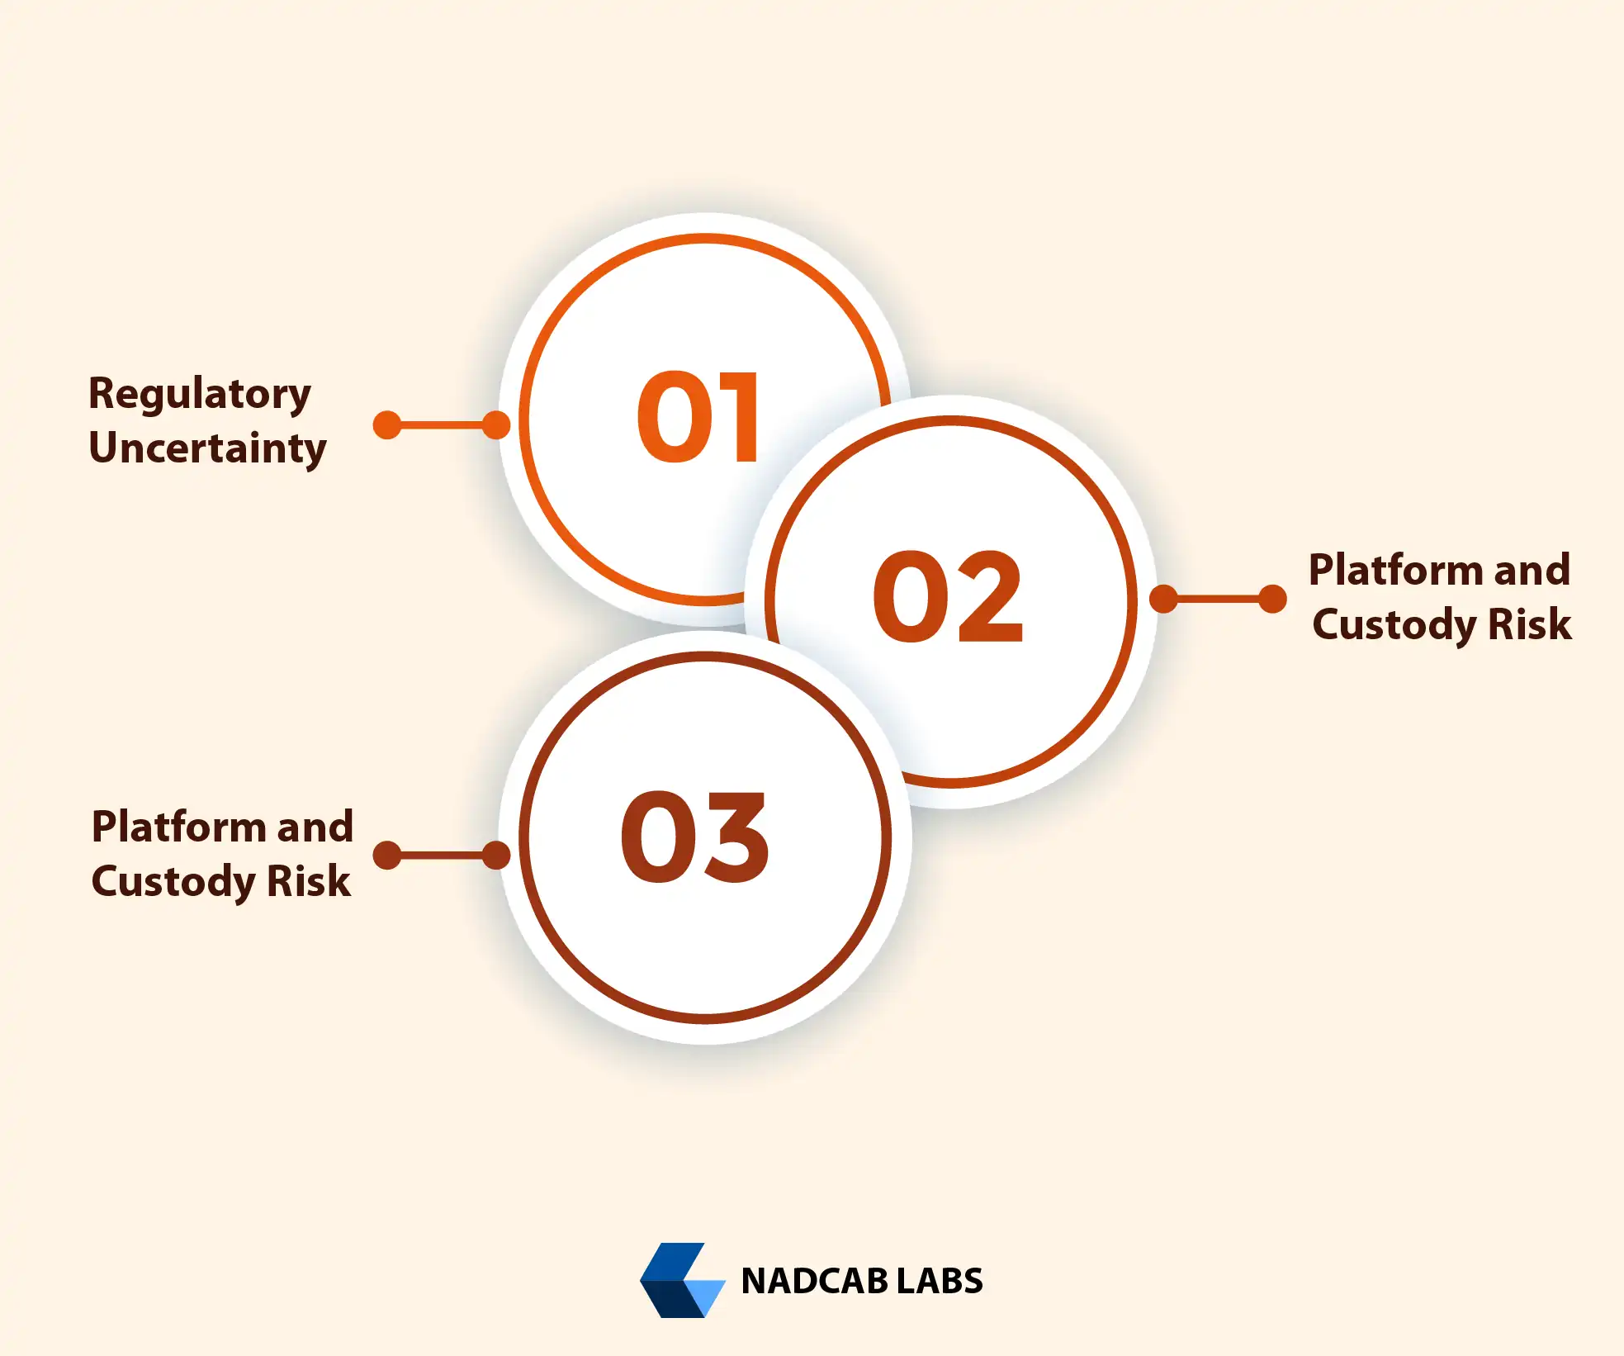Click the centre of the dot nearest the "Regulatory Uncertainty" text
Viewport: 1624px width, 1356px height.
click(387, 425)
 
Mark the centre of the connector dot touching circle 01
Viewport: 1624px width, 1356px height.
click(495, 425)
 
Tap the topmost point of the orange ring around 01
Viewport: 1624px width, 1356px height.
click(706, 239)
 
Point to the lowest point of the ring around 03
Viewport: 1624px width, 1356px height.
click(706, 1018)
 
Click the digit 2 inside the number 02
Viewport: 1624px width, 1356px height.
click(986, 596)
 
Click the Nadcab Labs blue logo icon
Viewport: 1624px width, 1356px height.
click(683, 1280)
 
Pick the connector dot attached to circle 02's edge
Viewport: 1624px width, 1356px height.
click(1164, 599)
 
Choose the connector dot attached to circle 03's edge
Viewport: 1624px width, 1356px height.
click(495, 856)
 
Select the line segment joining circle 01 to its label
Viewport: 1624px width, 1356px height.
click(441, 425)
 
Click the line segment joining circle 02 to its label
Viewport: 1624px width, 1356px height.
click(1219, 599)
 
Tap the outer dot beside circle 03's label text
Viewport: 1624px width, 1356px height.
click(387, 856)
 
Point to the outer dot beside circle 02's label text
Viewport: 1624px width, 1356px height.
click(1273, 599)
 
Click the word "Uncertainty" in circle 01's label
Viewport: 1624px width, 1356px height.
click(208, 448)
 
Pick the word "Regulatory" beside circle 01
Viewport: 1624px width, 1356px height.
click(200, 395)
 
